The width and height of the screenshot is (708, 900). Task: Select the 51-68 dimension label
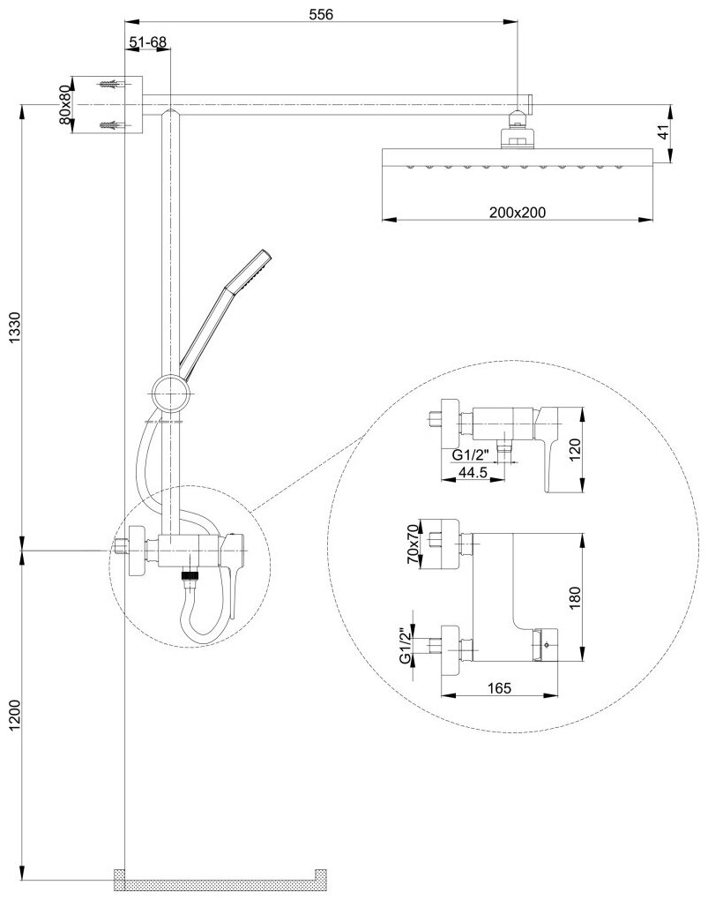(x=148, y=42)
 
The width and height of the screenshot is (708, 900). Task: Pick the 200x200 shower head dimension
(x=517, y=211)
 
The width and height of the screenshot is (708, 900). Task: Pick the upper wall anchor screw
(x=110, y=86)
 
